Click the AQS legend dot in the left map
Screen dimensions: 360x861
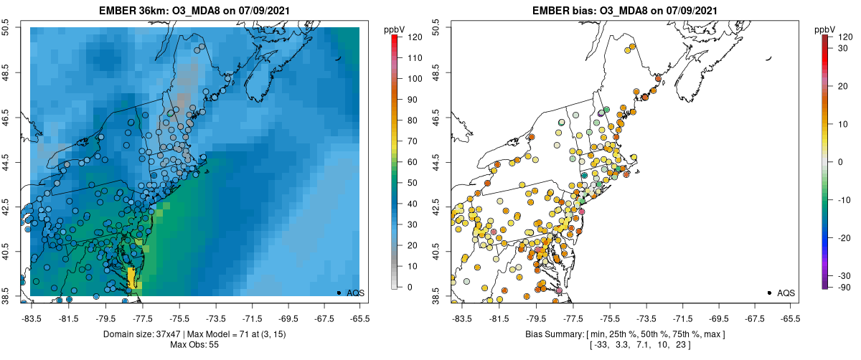tap(338, 293)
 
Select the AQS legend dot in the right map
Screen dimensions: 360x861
tap(768, 293)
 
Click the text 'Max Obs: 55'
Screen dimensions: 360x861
tap(194, 345)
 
